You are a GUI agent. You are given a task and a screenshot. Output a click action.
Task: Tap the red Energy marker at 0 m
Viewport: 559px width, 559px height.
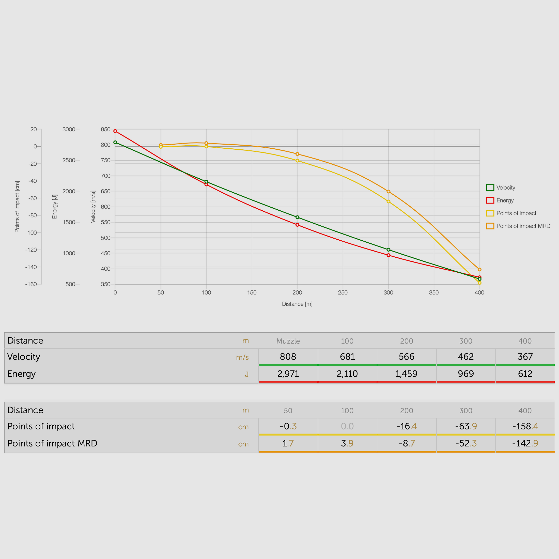(x=115, y=131)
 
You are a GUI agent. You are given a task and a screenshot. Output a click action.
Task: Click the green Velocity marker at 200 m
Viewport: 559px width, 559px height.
(x=297, y=217)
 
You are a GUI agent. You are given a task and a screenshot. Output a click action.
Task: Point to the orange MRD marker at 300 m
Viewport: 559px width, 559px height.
(x=388, y=192)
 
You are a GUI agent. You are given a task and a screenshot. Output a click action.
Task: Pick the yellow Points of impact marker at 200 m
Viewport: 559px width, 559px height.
(x=297, y=161)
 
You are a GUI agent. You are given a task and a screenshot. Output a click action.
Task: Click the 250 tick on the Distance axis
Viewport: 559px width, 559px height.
(x=343, y=292)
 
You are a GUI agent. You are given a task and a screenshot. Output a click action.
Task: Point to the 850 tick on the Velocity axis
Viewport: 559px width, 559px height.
(x=106, y=129)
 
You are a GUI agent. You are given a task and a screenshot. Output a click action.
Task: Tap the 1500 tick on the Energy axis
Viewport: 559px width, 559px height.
(x=69, y=222)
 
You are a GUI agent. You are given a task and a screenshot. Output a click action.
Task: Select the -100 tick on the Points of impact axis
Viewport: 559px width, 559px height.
(x=31, y=233)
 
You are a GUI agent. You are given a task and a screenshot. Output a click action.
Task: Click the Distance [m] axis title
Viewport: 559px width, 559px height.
(x=297, y=304)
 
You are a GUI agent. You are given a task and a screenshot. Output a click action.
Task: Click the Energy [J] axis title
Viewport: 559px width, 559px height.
(x=55, y=207)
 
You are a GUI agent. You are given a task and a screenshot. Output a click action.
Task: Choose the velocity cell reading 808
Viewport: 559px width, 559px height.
(x=288, y=357)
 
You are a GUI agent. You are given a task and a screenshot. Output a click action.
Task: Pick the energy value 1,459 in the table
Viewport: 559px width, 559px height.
(x=406, y=374)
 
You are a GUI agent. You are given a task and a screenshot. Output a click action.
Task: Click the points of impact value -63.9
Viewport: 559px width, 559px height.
(x=465, y=426)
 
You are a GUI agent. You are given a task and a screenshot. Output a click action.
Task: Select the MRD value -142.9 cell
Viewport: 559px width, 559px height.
(x=525, y=443)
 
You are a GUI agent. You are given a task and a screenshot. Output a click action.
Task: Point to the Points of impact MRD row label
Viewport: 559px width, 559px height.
(x=52, y=443)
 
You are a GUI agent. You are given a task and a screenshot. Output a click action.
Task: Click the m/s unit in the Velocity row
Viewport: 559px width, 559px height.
(x=242, y=357)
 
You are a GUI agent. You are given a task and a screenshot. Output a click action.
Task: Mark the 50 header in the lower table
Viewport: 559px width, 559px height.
(x=288, y=411)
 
